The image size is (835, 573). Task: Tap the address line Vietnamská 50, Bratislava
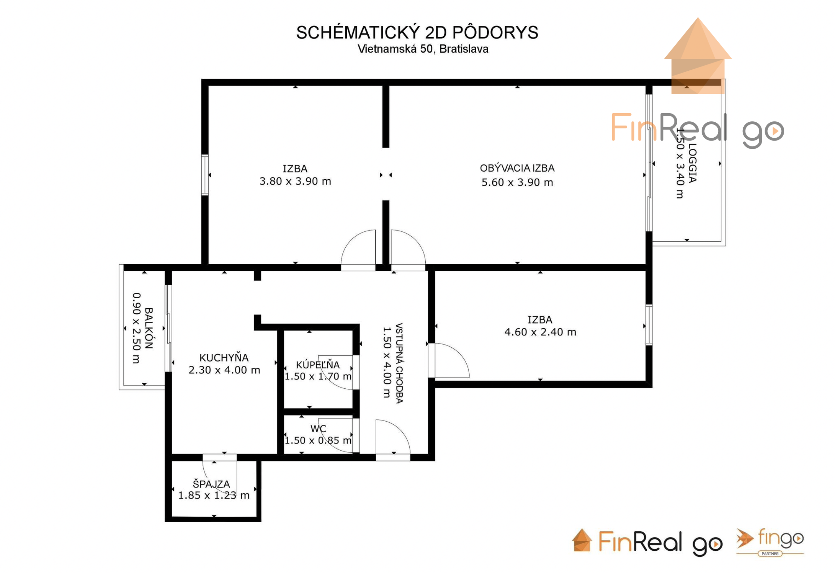pyautogui.click(x=423, y=49)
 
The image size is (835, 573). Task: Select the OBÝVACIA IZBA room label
pyautogui.click(x=517, y=168)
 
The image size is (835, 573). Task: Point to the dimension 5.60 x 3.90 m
pyautogui.click(x=517, y=183)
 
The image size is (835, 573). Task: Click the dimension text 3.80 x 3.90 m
pyautogui.click(x=295, y=181)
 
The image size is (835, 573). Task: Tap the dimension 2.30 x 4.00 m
pyautogui.click(x=224, y=370)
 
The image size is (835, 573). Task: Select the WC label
pyautogui.click(x=318, y=429)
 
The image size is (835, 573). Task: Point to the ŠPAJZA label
pyautogui.click(x=211, y=484)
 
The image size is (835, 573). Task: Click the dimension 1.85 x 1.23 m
pyautogui.click(x=214, y=496)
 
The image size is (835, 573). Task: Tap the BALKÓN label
pyautogui.click(x=149, y=328)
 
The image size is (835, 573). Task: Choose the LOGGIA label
pyautogui.click(x=692, y=163)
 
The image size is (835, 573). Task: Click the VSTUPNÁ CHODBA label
pyautogui.click(x=399, y=363)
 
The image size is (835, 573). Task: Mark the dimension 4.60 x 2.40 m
pyautogui.click(x=540, y=332)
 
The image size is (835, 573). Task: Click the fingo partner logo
pyautogui.click(x=770, y=543)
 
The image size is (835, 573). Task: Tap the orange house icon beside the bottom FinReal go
pyautogui.click(x=582, y=540)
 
